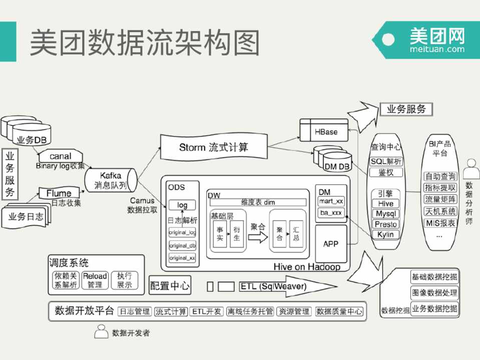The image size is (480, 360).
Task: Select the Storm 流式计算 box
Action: [x=214, y=147]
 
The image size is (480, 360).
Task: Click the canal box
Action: [x=61, y=156]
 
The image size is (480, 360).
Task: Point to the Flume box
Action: [x=59, y=193]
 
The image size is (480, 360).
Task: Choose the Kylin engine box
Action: [x=385, y=234]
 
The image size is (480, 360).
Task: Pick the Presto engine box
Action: [x=385, y=224]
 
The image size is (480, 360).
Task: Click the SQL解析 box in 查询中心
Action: [x=386, y=161]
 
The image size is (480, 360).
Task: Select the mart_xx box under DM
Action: [x=331, y=201]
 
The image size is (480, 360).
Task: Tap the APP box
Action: [x=331, y=244]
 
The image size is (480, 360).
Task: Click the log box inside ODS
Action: [x=182, y=205]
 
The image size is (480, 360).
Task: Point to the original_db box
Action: [x=182, y=245]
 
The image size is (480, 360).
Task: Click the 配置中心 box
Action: [x=170, y=286]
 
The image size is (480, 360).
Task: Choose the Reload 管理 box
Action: [x=95, y=280]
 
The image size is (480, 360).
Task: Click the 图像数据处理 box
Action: [x=434, y=292]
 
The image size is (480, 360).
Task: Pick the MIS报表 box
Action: [x=440, y=223]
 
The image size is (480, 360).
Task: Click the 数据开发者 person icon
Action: [x=102, y=331]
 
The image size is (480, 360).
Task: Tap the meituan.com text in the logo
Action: [x=436, y=49]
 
